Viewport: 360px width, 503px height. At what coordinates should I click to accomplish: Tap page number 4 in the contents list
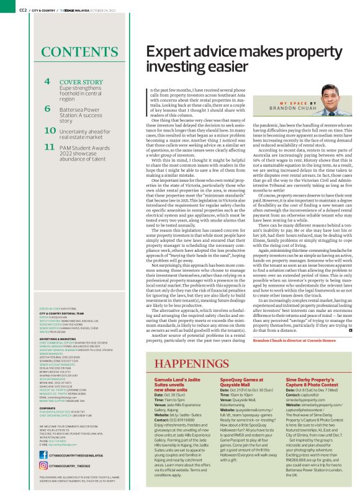47,81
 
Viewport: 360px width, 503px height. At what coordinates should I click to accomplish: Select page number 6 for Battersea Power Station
47,109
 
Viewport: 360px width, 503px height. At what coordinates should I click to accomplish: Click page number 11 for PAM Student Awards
50,147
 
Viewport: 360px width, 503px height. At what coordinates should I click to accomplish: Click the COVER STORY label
81,82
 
